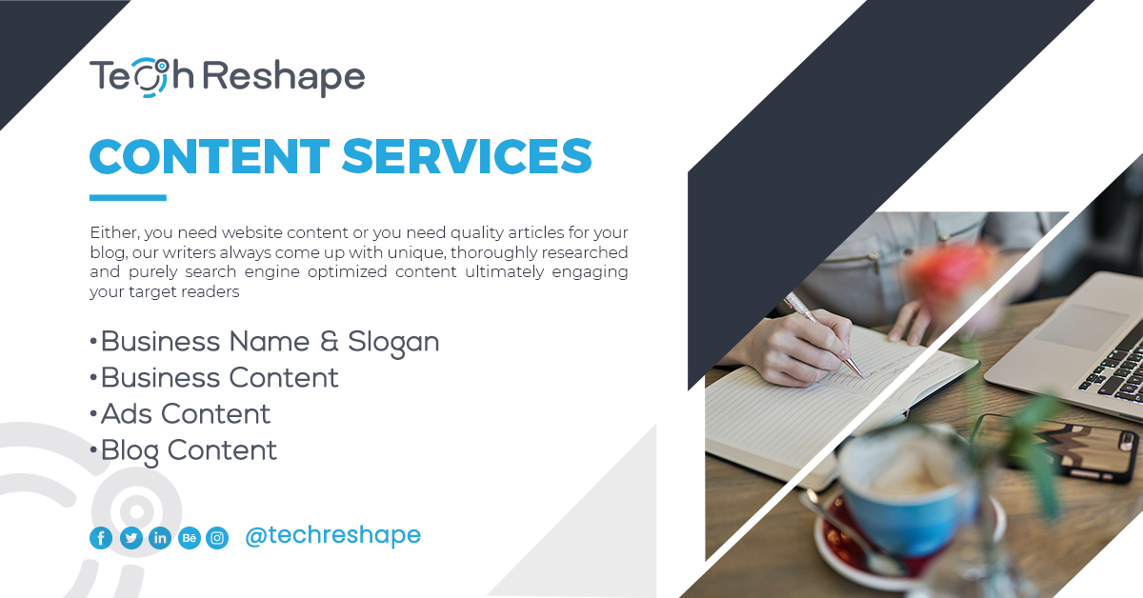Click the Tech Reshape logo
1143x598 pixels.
[x=227, y=77]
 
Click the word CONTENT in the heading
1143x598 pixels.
[x=210, y=157]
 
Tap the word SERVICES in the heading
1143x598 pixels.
[x=467, y=157]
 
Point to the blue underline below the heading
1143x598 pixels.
[x=128, y=198]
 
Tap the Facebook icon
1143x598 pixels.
[x=101, y=538]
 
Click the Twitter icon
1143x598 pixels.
[x=130, y=538]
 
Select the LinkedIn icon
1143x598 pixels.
[x=160, y=538]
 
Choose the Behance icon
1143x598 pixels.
[x=189, y=538]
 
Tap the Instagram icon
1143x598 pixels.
[x=217, y=538]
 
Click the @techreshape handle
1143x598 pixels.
[x=332, y=535]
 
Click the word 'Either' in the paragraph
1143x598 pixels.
[x=108, y=233]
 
